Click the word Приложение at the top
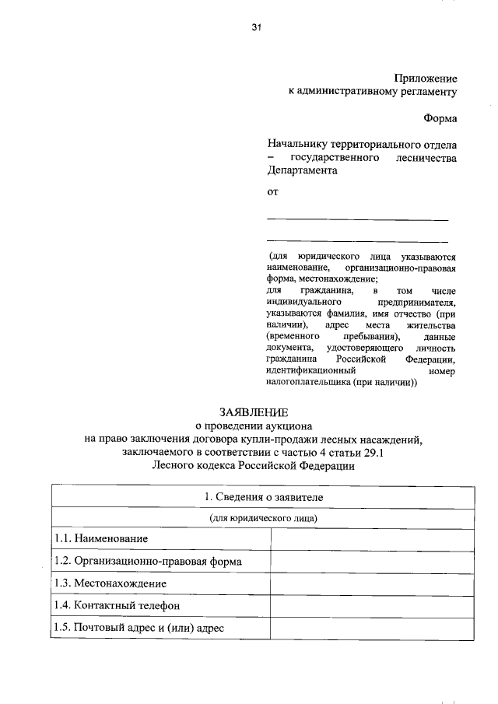pyautogui.click(x=426, y=78)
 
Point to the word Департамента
pyautogui.click(x=302, y=171)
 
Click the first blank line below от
pyautogui.click(x=357, y=220)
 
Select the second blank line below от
pyautogui.click(x=357, y=242)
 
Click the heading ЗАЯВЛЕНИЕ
pyautogui.click(x=253, y=412)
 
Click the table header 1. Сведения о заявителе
pyautogui.click(x=263, y=496)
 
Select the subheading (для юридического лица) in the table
pyautogui.click(x=263, y=517)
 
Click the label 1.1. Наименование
pyautogui.click(x=101, y=538)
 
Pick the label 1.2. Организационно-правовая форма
pyautogui.click(x=148, y=561)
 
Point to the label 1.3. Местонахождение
pyautogui.click(x=110, y=583)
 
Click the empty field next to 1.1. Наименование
pyautogui.click(x=372, y=538)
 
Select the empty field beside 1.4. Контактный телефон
pyautogui.click(x=372, y=605)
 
